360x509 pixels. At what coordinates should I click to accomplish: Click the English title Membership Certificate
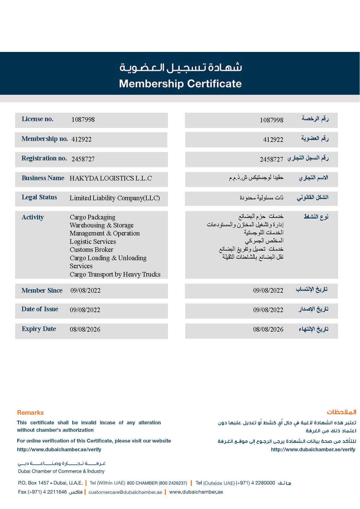pyautogui.click(x=180, y=84)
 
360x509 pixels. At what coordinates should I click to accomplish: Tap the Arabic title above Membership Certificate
pyautogui.click(x=181, y=67)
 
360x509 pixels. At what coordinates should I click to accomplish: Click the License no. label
pyautogui.click(x=37, y=119)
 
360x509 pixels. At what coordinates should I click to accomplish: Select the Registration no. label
pyautogui.click(x=44, y=158)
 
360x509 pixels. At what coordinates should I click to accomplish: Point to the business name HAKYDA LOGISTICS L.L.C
pyautogui.click(x=111, y=178)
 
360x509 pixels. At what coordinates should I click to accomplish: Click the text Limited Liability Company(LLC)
pyautogui.click(x=115, y=198)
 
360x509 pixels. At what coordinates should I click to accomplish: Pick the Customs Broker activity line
pyautogui.click(x=91, y=250)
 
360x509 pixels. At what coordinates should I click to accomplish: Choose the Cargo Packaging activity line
pyautogui.click(x=92, y=217)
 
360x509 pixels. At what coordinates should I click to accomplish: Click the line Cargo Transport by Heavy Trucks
pyautogui.click(x=115, y=274)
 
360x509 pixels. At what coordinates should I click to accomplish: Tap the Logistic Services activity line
pyautogui.click(x=93, y=242)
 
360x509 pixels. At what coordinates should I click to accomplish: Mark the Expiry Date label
pyautogui.click(x=39, y=329)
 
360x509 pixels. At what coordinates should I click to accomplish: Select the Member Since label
pyautogui.click(x=42, y=291)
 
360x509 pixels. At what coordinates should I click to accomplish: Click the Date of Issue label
pyautogui.click(x=40, y=309)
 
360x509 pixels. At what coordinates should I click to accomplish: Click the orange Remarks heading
pyautogui.click(x=30, y=413)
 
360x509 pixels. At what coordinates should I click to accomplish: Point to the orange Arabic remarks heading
pyautogui.click(x=341, y=412)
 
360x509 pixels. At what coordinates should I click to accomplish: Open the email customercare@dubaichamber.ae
pyautogui.click(x=125, y=492)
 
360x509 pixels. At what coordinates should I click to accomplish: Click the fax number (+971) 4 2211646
pyautogui.click(x=47, y=492)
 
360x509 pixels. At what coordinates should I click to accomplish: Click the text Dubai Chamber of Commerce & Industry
pyautogui.click(x=61, y=471)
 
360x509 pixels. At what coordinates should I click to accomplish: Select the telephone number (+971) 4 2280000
pyautogui.click(x=255, y=483)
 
